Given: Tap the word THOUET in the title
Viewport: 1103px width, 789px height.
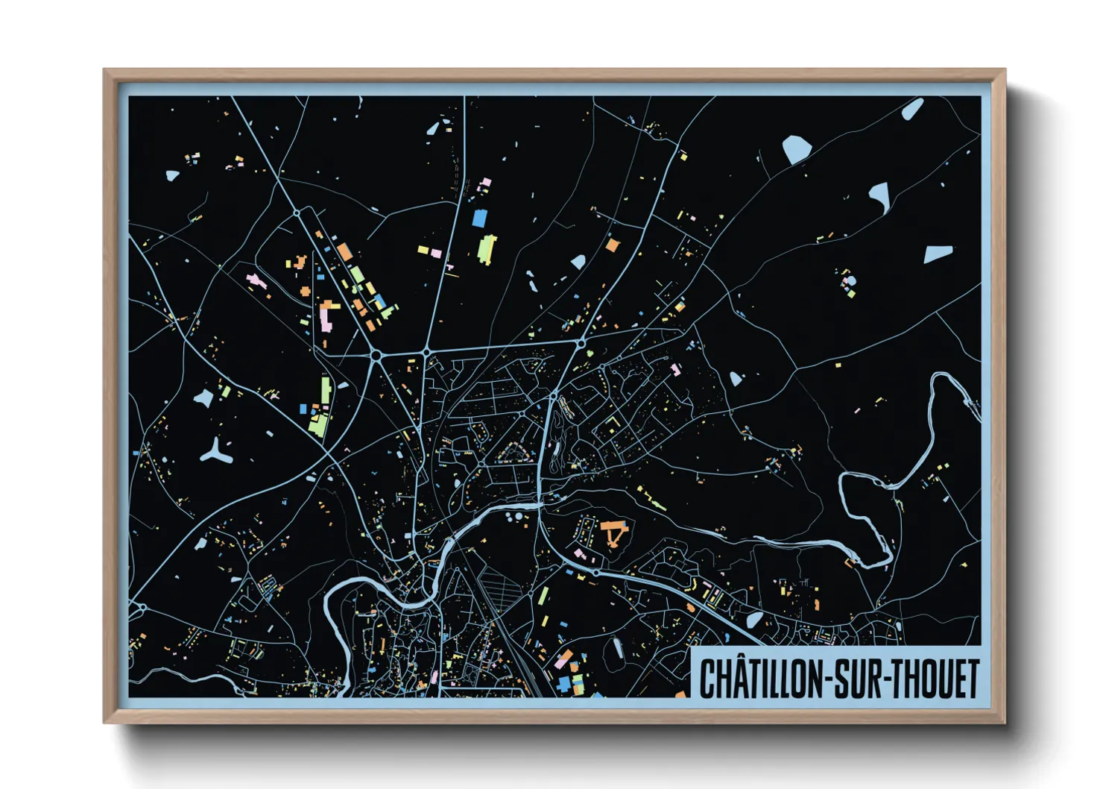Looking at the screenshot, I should pyautogui.click(x=935, y=678).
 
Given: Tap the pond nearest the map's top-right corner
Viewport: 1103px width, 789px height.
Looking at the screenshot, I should pyautogui.click(x=911, y=110).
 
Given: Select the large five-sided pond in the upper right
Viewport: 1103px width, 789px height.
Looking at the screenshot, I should pyautogui.click(x=796, y=150).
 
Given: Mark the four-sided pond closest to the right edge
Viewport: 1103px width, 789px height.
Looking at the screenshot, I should pyautogui.click(x=938, y=254).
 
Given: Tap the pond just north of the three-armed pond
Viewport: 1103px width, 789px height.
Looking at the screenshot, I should pyautogui.click(x=203, y=398).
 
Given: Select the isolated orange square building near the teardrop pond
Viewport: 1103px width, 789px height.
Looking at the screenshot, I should pyautogui.click(x=612, y=245).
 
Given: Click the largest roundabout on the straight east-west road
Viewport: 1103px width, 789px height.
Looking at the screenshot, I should pyautogui.click(x=376, y=356).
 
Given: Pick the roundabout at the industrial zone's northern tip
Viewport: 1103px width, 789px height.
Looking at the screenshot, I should pyautogui.click(x=297, y=213).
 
